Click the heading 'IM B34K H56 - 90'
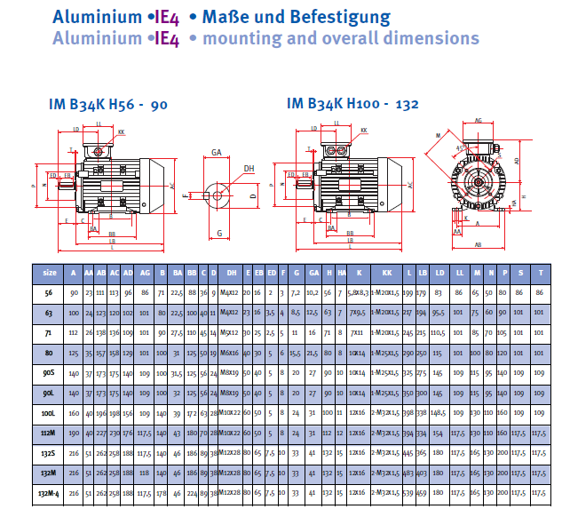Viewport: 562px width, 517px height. coord(108,104)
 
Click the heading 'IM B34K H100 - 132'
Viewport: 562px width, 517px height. coord(352,104)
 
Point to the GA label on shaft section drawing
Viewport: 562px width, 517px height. coord(217,153)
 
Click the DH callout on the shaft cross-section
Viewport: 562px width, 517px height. coord(249,168)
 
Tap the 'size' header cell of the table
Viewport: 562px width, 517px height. coord(50,272)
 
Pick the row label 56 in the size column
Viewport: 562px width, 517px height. coord(50,291)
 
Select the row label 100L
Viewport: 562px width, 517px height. coord(50,413)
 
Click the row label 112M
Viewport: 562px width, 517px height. coord(50,433)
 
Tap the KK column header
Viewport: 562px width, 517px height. coord(387,272)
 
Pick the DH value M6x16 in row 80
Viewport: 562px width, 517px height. coord(231,353)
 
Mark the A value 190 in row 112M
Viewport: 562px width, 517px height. coord(74,433)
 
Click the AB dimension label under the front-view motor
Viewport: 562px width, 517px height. coord(479,245)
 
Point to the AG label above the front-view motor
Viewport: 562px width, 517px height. coord(479,120)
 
